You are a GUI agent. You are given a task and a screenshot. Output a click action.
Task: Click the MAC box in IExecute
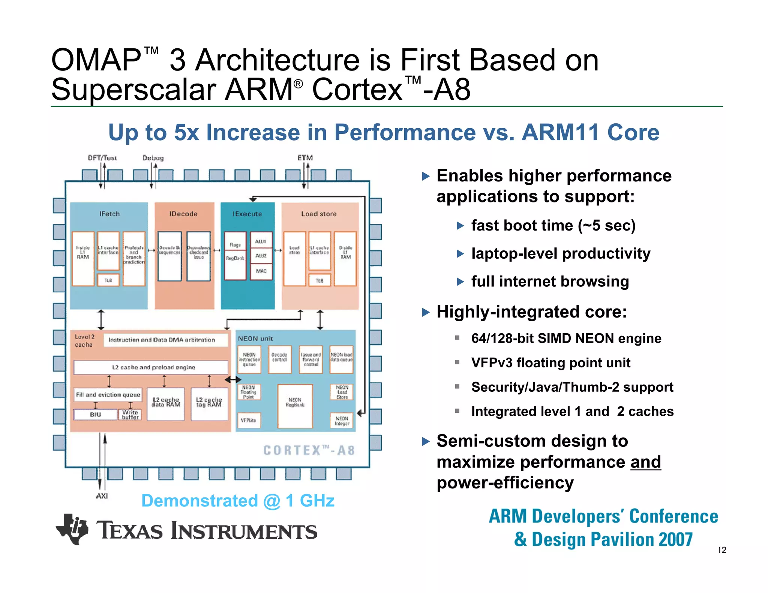coord(261,271)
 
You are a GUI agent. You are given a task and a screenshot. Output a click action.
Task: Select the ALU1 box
coord(261,241)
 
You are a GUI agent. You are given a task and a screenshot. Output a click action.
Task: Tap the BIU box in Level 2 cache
coord(95,415)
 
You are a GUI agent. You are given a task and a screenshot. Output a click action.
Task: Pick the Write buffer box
coord(130,415)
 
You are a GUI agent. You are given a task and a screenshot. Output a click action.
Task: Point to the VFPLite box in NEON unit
coord(249,420)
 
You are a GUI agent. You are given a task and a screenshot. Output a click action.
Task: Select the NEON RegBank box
coord(295,406)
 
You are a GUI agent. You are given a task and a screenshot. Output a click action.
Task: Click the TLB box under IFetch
coord(108,280)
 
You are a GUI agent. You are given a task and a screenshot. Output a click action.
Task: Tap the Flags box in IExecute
coord(235,244)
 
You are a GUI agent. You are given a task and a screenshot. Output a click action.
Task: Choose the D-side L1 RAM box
coord(345,258)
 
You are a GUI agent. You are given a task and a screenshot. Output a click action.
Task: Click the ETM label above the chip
coord(305,158)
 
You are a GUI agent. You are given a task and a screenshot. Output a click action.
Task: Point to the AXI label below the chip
coord(102,496)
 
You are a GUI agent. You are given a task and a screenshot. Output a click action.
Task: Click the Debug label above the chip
coord(153,158)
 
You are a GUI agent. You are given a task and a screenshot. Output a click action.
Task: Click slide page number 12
coord(722,550)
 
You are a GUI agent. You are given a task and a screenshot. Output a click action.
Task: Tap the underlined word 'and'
coord(645,462)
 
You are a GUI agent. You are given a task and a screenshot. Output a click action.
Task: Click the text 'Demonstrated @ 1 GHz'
coord(238,501)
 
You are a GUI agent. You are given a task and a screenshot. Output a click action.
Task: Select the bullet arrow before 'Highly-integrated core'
coord(426,312)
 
